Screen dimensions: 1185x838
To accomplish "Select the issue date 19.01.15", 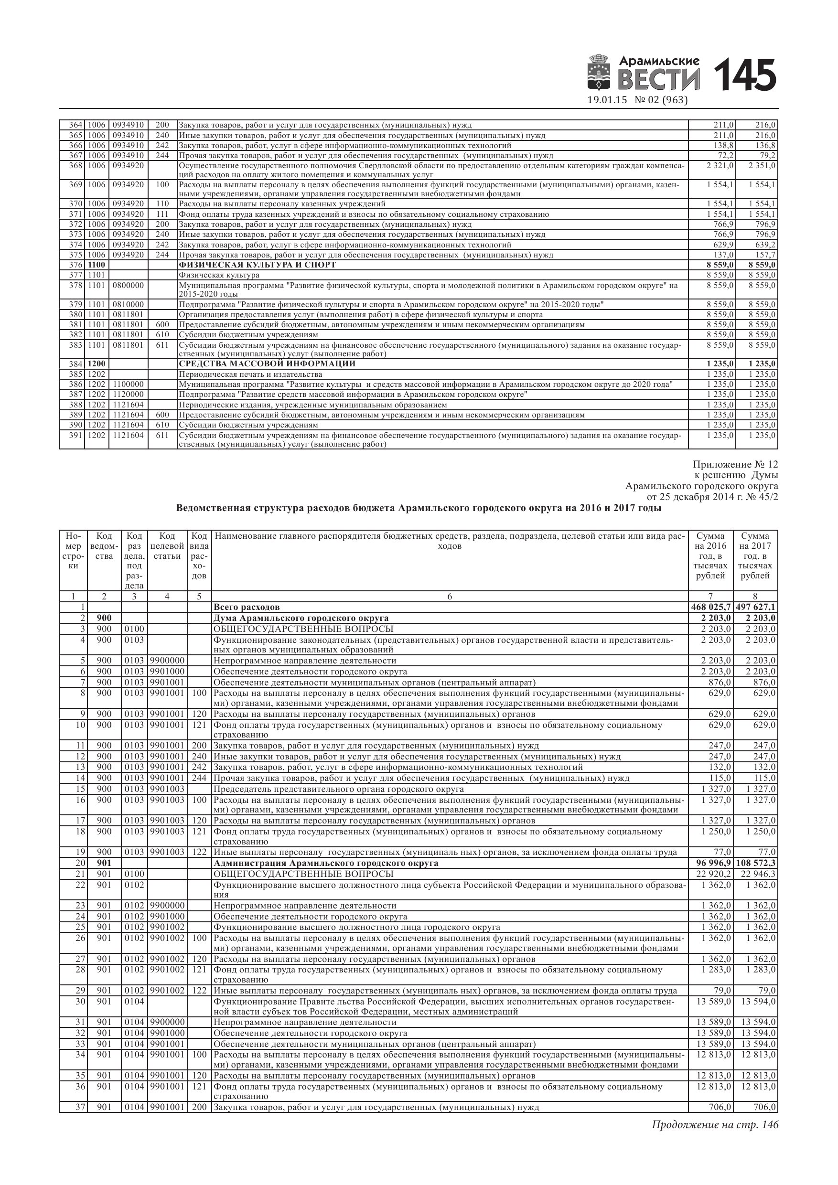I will pyautogui.click(x=607, y=100).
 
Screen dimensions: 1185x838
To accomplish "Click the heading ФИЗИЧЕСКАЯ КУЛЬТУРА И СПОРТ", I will pyautogui.click(x=257, y=265).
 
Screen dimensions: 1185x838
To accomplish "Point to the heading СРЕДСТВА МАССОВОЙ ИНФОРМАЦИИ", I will pyautogui.click(x=267, y=364).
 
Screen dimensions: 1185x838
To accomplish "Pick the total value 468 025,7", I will pyautogui.click(x=711, y=607).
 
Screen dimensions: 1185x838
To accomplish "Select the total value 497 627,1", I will pyautogui.click(x=756, y=607).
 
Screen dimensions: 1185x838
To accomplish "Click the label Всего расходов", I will pyautogui.click(x=247, y=607).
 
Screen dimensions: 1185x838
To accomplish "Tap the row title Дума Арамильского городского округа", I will pyautogui.click(x=301, y=618).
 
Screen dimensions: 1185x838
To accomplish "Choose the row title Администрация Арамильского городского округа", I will pyautogui.click(x=326, y=863).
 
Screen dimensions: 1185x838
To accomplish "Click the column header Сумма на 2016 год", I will pyautogui.click(x=710, y=555).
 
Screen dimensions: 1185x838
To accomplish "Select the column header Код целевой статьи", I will pyautogui.click(x=167, y=545).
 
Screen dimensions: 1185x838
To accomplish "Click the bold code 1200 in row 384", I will pyautogui.click(x=97, y=364).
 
